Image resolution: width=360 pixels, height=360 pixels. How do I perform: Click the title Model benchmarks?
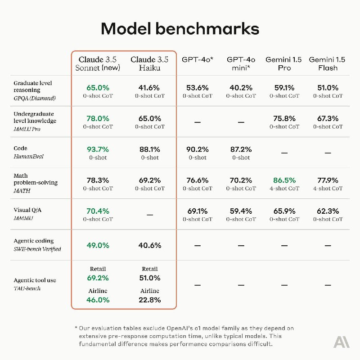180,29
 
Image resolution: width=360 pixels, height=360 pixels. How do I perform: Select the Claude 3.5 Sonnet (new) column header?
98,63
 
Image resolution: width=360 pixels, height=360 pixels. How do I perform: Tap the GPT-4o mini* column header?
241,63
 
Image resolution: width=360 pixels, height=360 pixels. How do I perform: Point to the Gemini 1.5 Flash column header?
327,63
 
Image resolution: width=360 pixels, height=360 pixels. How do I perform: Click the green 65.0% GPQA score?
98,87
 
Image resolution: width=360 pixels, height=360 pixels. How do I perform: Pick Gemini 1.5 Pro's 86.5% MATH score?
284,180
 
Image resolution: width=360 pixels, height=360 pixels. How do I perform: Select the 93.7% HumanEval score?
98,149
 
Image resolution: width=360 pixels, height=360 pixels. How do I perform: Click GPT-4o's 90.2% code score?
197,149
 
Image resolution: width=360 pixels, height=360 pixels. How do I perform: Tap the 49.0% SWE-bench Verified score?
98,245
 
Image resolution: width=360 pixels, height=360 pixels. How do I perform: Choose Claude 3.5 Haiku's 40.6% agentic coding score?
150,245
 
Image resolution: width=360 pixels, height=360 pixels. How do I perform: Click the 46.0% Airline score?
98,300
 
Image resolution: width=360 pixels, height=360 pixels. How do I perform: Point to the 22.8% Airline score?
150,300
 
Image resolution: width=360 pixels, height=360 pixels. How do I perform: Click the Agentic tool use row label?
35,280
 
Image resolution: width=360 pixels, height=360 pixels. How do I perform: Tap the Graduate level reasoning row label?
33,87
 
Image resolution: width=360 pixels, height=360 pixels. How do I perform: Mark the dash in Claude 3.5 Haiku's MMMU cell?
150,215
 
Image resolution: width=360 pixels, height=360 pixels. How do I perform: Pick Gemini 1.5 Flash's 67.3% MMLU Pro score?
327,118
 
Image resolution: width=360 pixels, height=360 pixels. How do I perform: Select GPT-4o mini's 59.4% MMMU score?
241,211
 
